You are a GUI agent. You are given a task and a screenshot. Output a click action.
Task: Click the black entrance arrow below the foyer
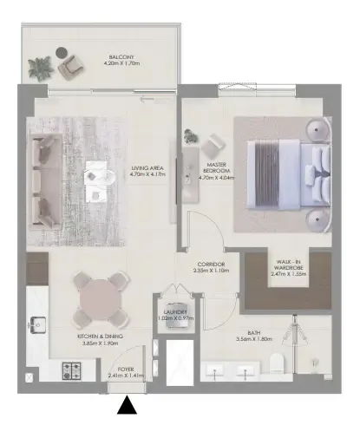point(128,404)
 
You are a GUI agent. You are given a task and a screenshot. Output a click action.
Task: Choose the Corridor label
point(210,268)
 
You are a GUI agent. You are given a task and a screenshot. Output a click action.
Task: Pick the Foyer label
point(126,373)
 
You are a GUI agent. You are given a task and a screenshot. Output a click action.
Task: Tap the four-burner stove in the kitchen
point(71,370)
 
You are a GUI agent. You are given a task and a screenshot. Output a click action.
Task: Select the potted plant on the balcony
point(40,65)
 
